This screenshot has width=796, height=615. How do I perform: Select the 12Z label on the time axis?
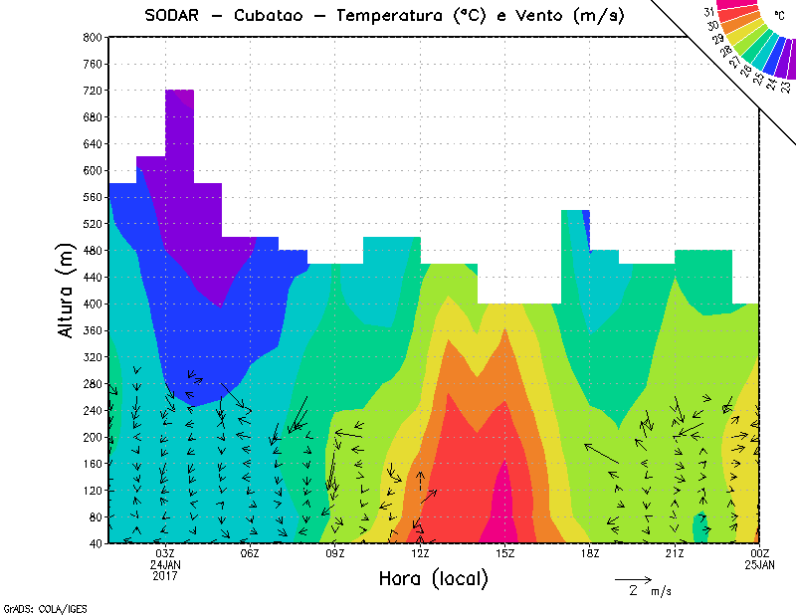coord(421,553)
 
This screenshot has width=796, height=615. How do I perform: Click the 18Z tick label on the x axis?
coord(590,553)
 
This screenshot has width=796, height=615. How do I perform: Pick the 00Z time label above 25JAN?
coord(760,553)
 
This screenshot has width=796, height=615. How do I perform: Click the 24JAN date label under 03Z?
coord(165,564)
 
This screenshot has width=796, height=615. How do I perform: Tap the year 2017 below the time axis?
coord(165,575)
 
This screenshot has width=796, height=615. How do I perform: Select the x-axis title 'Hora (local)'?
coord(433,579)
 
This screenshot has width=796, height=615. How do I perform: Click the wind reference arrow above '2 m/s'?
coord(633,578)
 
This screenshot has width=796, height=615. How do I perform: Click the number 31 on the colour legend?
coord(709,11)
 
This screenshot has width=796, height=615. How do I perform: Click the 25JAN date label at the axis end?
coord(760,564)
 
